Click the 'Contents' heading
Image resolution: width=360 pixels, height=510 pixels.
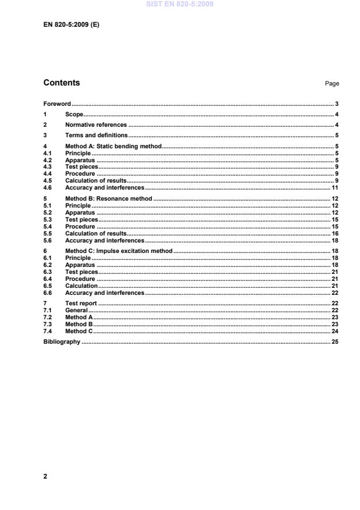62,83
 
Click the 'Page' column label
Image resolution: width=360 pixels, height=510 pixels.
332,84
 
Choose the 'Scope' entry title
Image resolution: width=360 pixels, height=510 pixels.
74,115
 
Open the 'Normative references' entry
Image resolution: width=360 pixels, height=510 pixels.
96,125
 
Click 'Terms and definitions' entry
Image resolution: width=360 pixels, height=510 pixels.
96,135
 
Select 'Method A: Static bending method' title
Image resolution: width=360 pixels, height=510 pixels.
113,147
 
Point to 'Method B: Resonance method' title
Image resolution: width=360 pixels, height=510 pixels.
108,199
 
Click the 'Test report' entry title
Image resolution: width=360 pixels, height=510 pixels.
81,304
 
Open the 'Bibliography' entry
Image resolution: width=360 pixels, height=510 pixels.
62,342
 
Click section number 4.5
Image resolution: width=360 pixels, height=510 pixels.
48,181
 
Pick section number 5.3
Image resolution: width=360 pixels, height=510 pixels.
48,220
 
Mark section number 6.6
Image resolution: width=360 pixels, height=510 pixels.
48,293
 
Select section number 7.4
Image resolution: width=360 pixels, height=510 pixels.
48,331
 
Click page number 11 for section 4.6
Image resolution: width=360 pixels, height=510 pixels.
335,188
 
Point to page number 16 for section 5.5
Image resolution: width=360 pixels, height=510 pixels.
335,233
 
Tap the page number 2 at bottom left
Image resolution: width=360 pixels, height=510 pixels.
45,477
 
